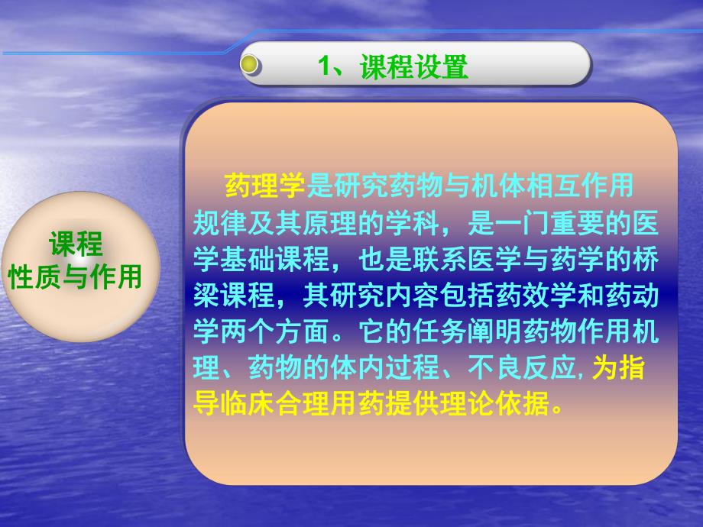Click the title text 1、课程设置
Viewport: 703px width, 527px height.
point(394,67)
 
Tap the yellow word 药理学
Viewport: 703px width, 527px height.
point(265,185)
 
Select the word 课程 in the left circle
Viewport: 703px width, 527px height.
point(76,245)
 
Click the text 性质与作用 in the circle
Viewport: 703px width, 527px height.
point(76,277)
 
